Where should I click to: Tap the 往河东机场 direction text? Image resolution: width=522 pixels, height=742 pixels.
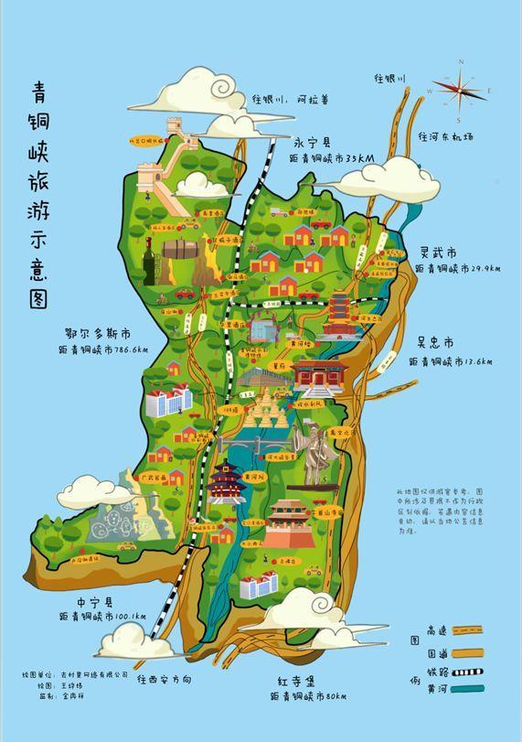click(x=446, y=137)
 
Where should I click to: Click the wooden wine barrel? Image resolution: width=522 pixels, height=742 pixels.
click(x=180, y=249)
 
